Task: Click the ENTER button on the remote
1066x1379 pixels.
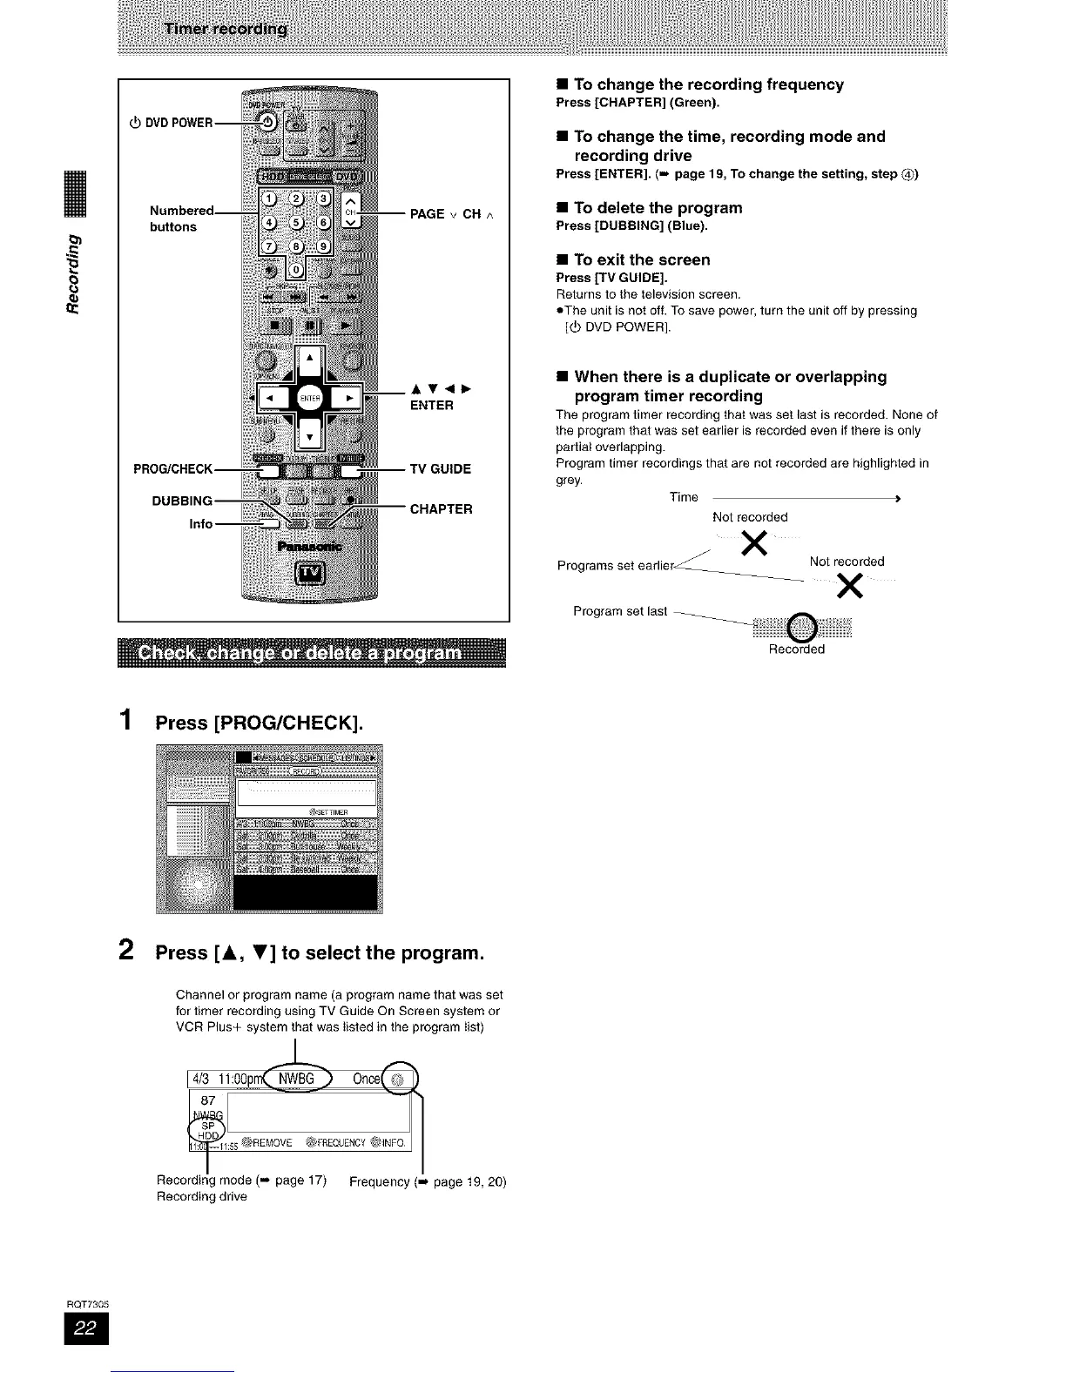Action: point(310,398)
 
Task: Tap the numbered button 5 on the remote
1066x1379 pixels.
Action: point(296,221)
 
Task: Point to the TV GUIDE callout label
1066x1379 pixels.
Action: point(440,469)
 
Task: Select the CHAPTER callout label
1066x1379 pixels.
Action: point(441,509)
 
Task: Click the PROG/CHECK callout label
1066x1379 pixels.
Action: point(172,469)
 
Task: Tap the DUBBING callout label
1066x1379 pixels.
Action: point(181,501)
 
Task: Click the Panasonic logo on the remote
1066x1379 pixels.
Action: point(309,547)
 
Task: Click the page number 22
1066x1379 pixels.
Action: point(86,1328)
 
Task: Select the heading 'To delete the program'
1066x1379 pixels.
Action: point(658,208)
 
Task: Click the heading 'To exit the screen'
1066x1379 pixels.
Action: point(642,259)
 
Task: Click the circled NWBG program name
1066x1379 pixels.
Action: point(295,1080)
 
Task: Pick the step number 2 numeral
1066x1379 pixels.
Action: point(127,949)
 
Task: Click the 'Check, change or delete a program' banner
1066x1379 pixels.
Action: point(311,653)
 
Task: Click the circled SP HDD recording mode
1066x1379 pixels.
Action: point(208,1129)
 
